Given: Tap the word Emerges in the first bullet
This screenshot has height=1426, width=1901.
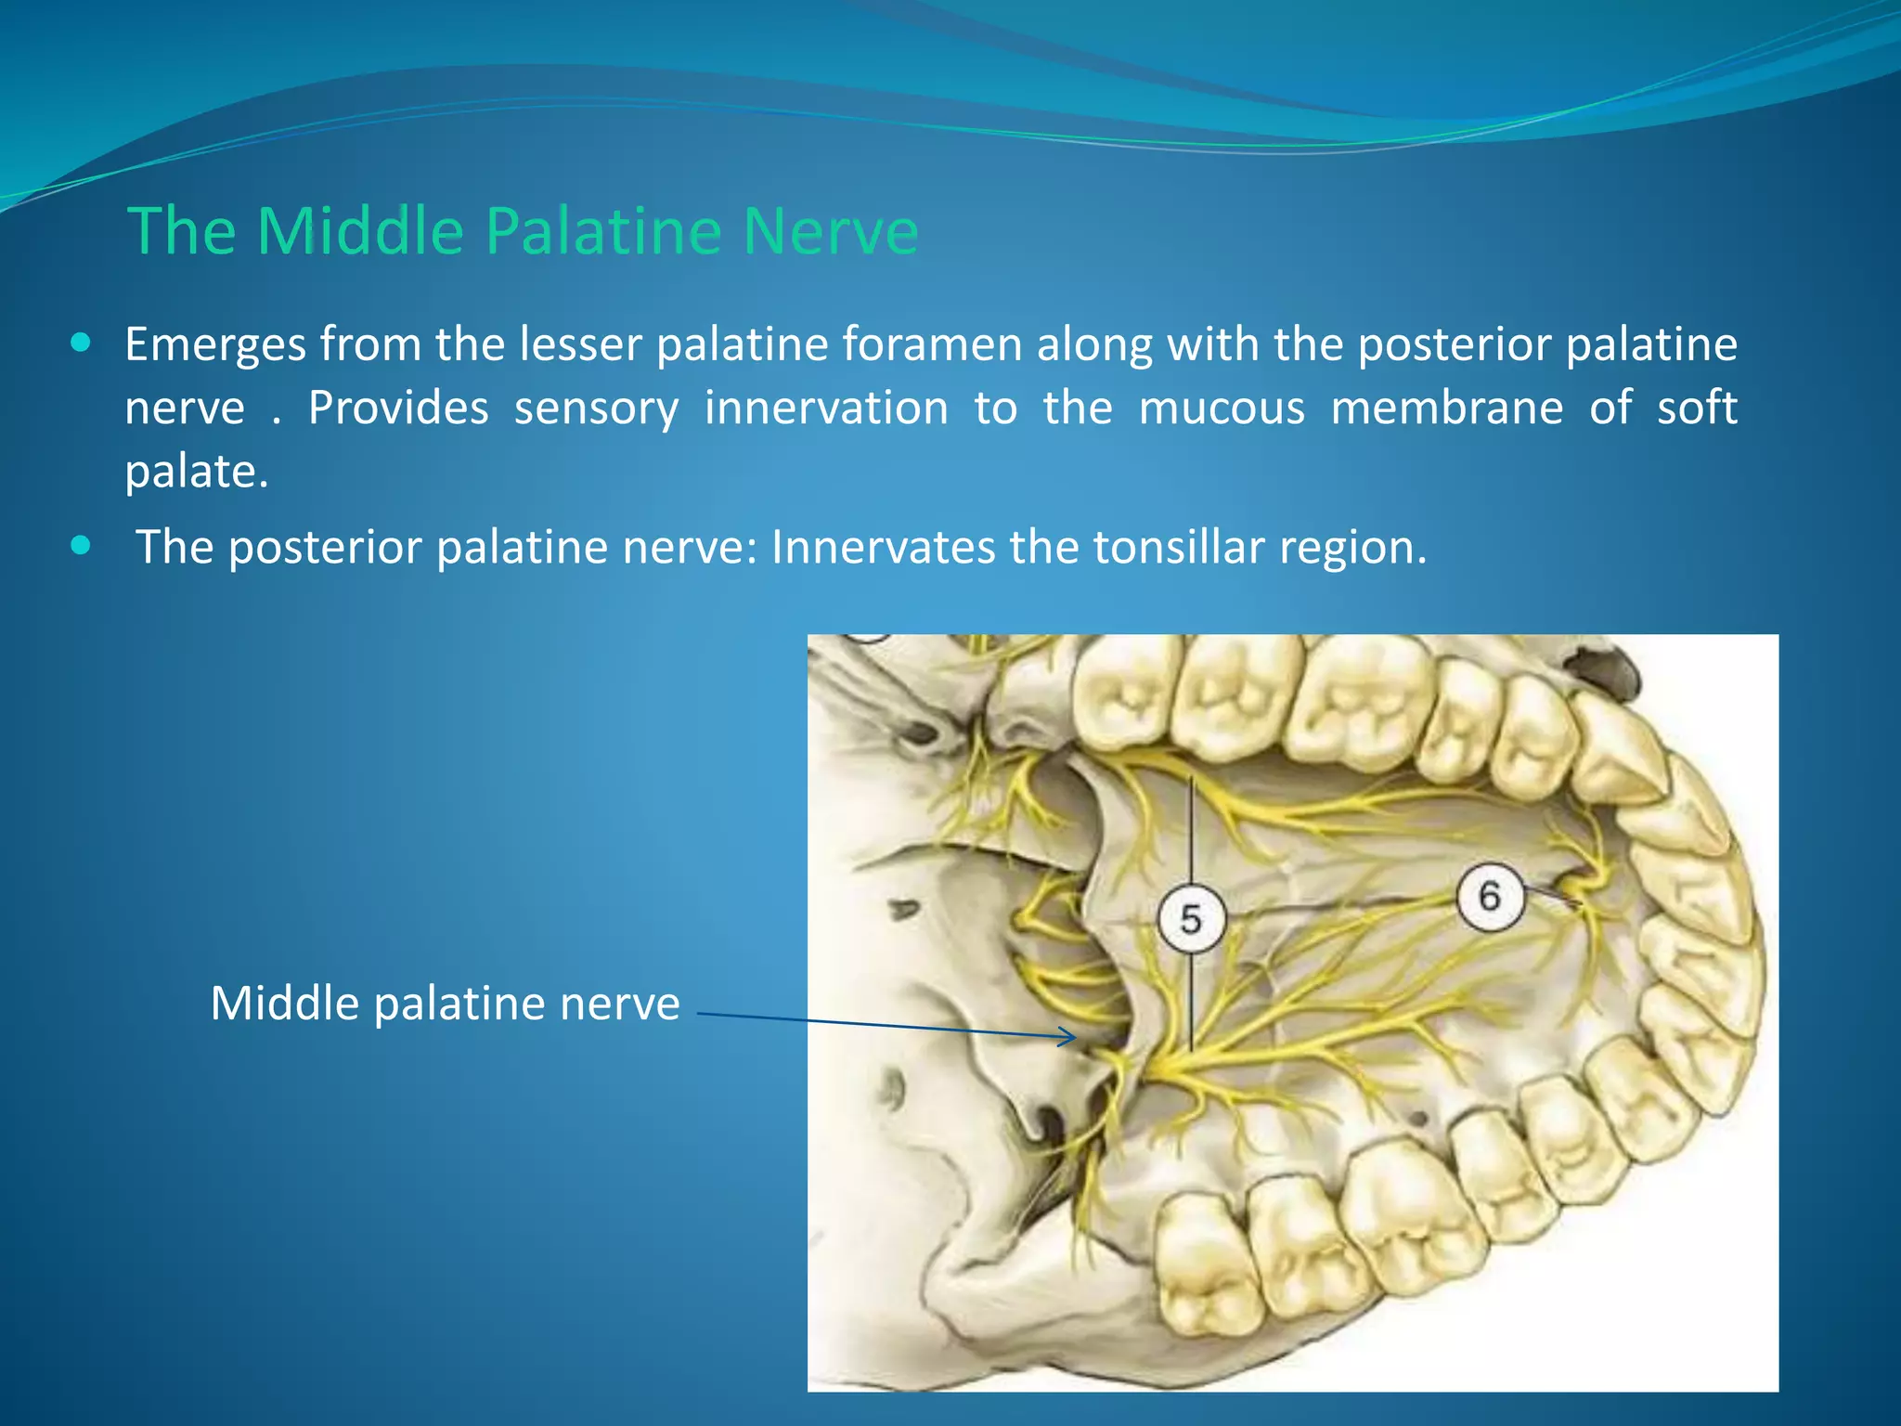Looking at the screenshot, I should [215, 345].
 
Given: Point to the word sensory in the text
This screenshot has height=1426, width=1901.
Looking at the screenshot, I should [596, 408].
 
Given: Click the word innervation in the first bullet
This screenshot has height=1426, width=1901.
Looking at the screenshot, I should [826, 408].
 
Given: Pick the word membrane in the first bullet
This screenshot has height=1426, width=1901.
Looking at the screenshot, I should [1446, 408].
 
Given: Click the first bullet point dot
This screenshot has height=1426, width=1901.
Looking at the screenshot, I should [81, 344].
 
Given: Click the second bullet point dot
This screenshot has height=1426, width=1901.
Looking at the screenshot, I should [81, 545].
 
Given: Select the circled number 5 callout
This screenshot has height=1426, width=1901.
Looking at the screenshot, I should [1191, 919].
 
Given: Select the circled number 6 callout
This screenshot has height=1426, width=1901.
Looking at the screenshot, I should [1489, 896].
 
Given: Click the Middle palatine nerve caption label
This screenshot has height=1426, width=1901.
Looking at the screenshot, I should [445, 1004].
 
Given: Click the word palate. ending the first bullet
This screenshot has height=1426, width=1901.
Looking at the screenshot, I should [196, 473].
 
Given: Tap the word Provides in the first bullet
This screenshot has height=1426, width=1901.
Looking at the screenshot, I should [397, 408].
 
